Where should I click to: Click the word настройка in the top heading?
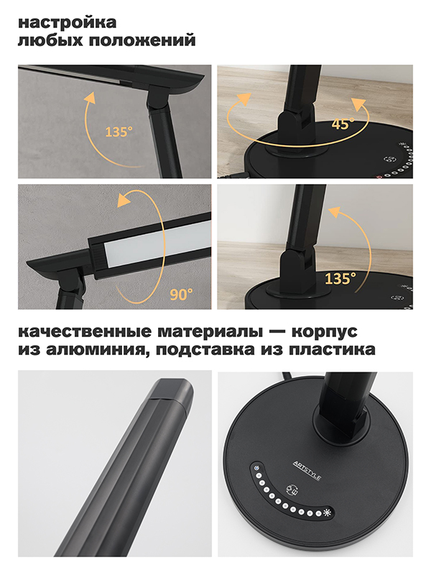click(67, 22)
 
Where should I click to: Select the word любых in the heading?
click(50, 41)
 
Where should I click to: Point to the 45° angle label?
click(343, 124)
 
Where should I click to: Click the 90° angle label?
click(181, 294)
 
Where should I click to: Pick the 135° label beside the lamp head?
click(119, 132)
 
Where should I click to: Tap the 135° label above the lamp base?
click(340, 279)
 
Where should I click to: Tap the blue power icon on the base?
click(257, 469)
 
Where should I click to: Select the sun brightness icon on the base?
click(328, 513)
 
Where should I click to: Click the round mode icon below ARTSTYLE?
click(292, 490)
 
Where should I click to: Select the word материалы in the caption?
click(210, 332)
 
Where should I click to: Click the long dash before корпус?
click(277, 332)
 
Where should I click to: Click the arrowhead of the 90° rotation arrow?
click(124, 201)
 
